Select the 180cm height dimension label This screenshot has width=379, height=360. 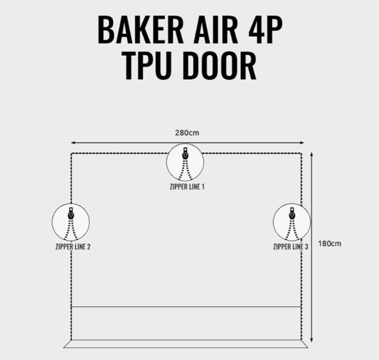330,244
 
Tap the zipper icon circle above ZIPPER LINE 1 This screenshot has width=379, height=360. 185,162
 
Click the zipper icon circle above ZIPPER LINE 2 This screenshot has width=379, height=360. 70,222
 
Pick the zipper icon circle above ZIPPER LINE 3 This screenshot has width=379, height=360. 291,222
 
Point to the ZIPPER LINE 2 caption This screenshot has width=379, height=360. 73,247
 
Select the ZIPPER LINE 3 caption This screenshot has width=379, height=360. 291,247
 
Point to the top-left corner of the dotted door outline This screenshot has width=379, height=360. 71,154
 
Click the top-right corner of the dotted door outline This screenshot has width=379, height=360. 301,154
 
